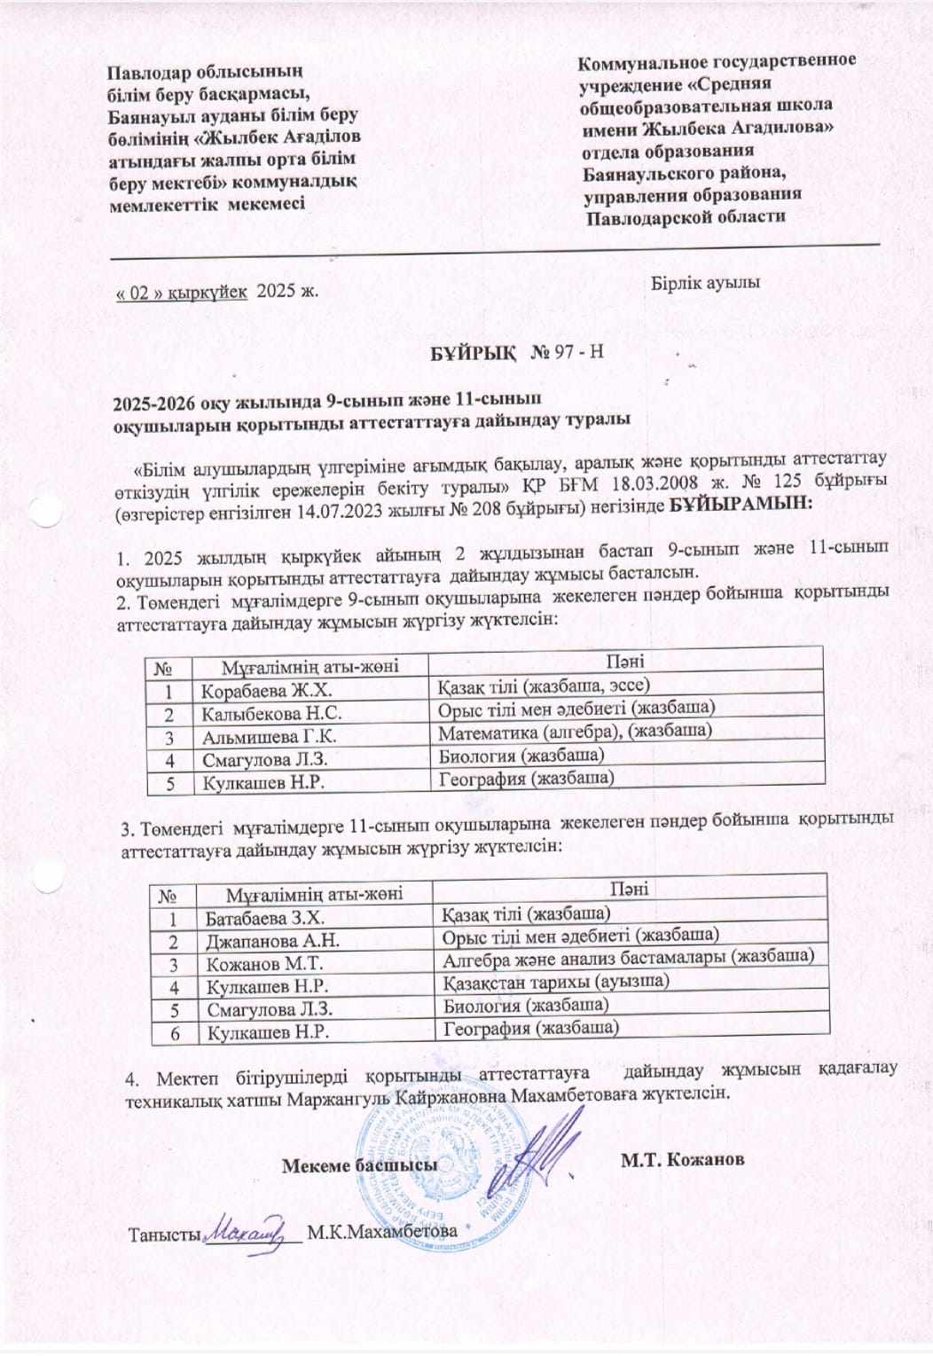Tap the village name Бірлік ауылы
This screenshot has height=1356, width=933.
705,283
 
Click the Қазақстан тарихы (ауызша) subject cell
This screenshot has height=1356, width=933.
555,982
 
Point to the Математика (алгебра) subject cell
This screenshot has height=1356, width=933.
575,732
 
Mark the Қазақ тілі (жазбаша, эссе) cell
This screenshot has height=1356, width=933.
544,686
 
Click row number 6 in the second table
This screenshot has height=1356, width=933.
175,1033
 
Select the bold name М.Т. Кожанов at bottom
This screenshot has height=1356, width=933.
682,1159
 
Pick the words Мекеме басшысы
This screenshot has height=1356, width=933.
359,1165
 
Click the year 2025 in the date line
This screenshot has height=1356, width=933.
274,292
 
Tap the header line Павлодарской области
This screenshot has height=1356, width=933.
686,216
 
